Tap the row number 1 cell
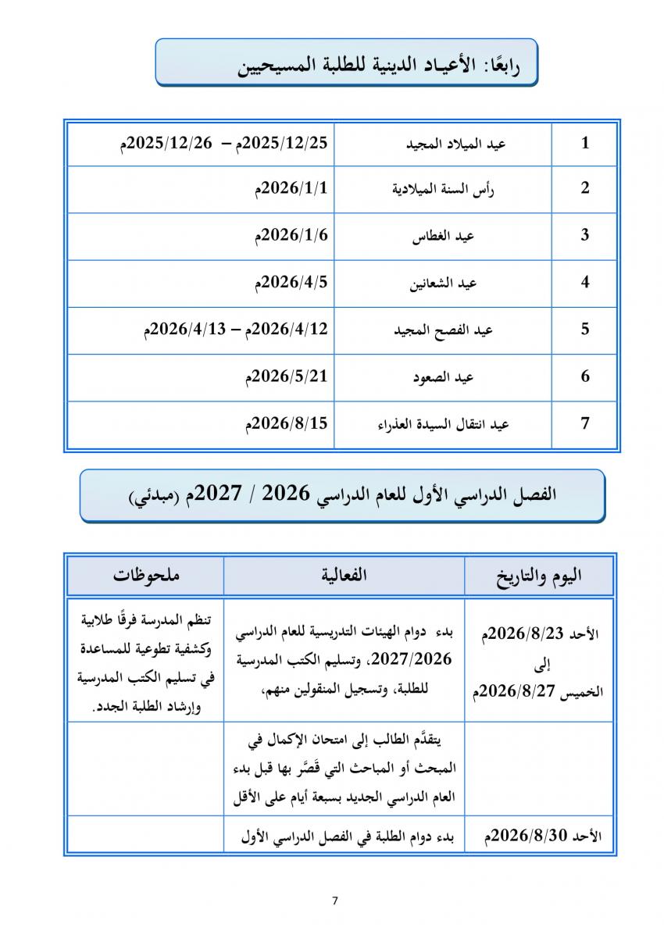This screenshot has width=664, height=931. [585, 143]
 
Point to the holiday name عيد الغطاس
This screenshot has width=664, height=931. [444, 237]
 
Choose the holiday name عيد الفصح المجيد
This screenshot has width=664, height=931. [443, 330]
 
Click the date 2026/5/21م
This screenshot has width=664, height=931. [287, 376]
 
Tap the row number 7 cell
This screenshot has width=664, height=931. [585, 424]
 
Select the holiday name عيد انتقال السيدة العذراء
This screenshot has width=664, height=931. [443, 425]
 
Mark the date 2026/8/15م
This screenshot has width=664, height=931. [287, 423]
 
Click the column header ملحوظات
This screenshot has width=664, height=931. [145, 576]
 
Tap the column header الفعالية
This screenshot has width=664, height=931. [344, 576]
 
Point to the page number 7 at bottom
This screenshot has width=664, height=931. [335, 901]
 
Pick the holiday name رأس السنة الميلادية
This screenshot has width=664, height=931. [443, 191]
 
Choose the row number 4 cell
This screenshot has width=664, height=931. [585, 283]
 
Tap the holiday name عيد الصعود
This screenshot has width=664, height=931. [444, 378]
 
